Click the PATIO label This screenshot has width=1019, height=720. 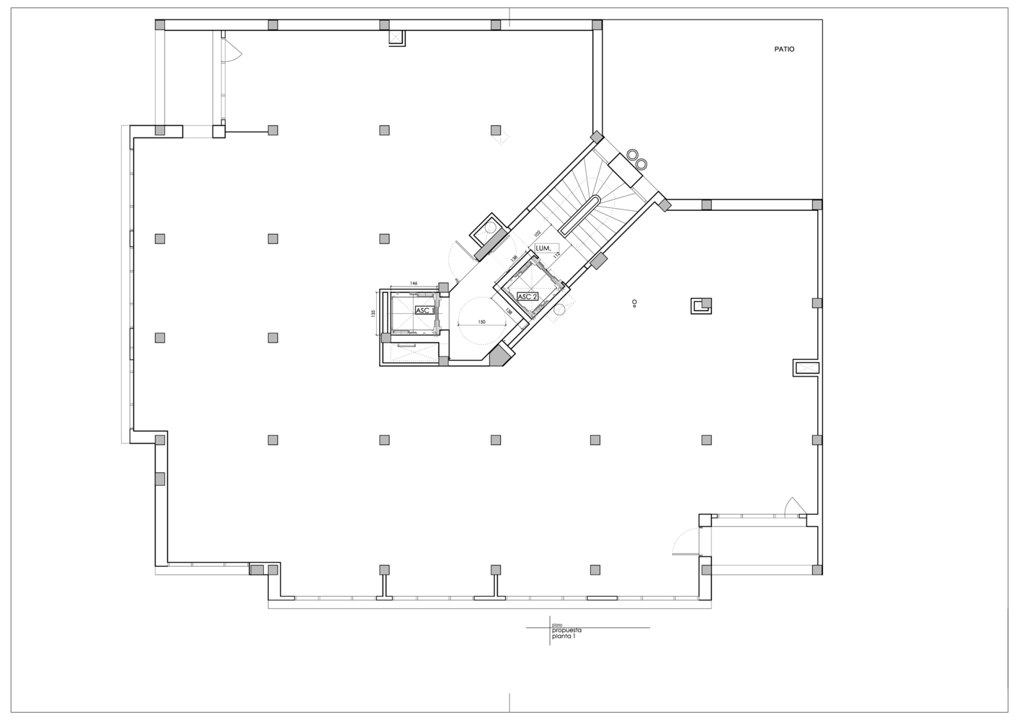(x=784, y=50)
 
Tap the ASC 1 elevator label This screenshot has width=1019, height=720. (x=424, y=310)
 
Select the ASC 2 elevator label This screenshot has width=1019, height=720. (x=528, y=297)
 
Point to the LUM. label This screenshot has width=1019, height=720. (x=543, y=248)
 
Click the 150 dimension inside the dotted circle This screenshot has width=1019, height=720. (x=481, y=322)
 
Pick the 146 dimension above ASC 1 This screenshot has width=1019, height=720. (x=414, y=284)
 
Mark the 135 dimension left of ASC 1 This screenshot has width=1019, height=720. (x=373, y=313)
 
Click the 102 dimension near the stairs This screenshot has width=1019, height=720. (x=537, y=233)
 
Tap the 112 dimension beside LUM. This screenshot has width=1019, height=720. (x=556, y=254)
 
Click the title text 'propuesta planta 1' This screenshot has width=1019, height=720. (x=566, y=633)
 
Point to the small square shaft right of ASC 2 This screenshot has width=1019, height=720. (x=701, y=306)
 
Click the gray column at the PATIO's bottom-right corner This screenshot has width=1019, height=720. (x=816, y=205)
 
